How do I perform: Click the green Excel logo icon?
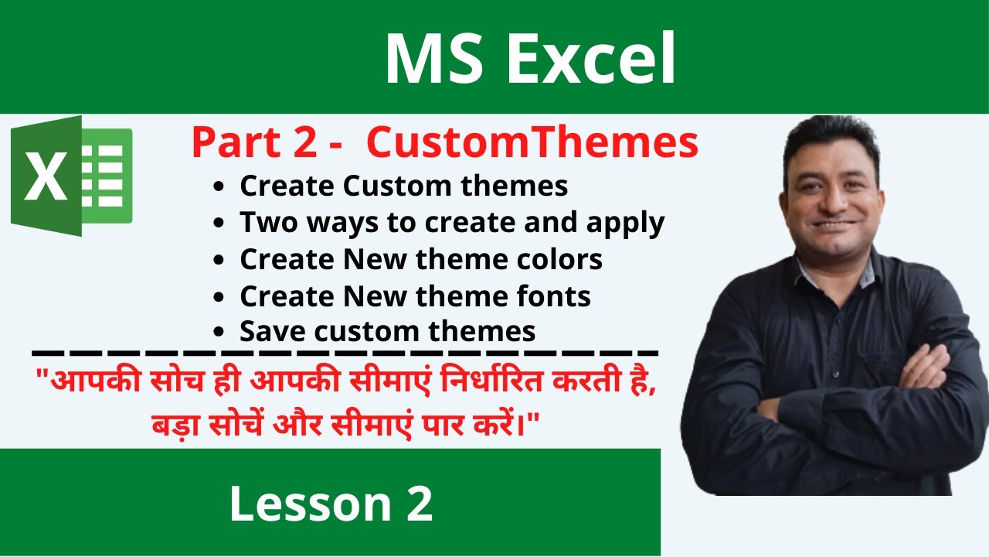pos(71,176)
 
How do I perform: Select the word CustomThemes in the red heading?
pos(532,144)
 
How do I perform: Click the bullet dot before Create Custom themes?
pos(222,187)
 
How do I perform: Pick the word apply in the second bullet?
pos(627,223)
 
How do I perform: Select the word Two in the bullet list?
pos(267,223)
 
